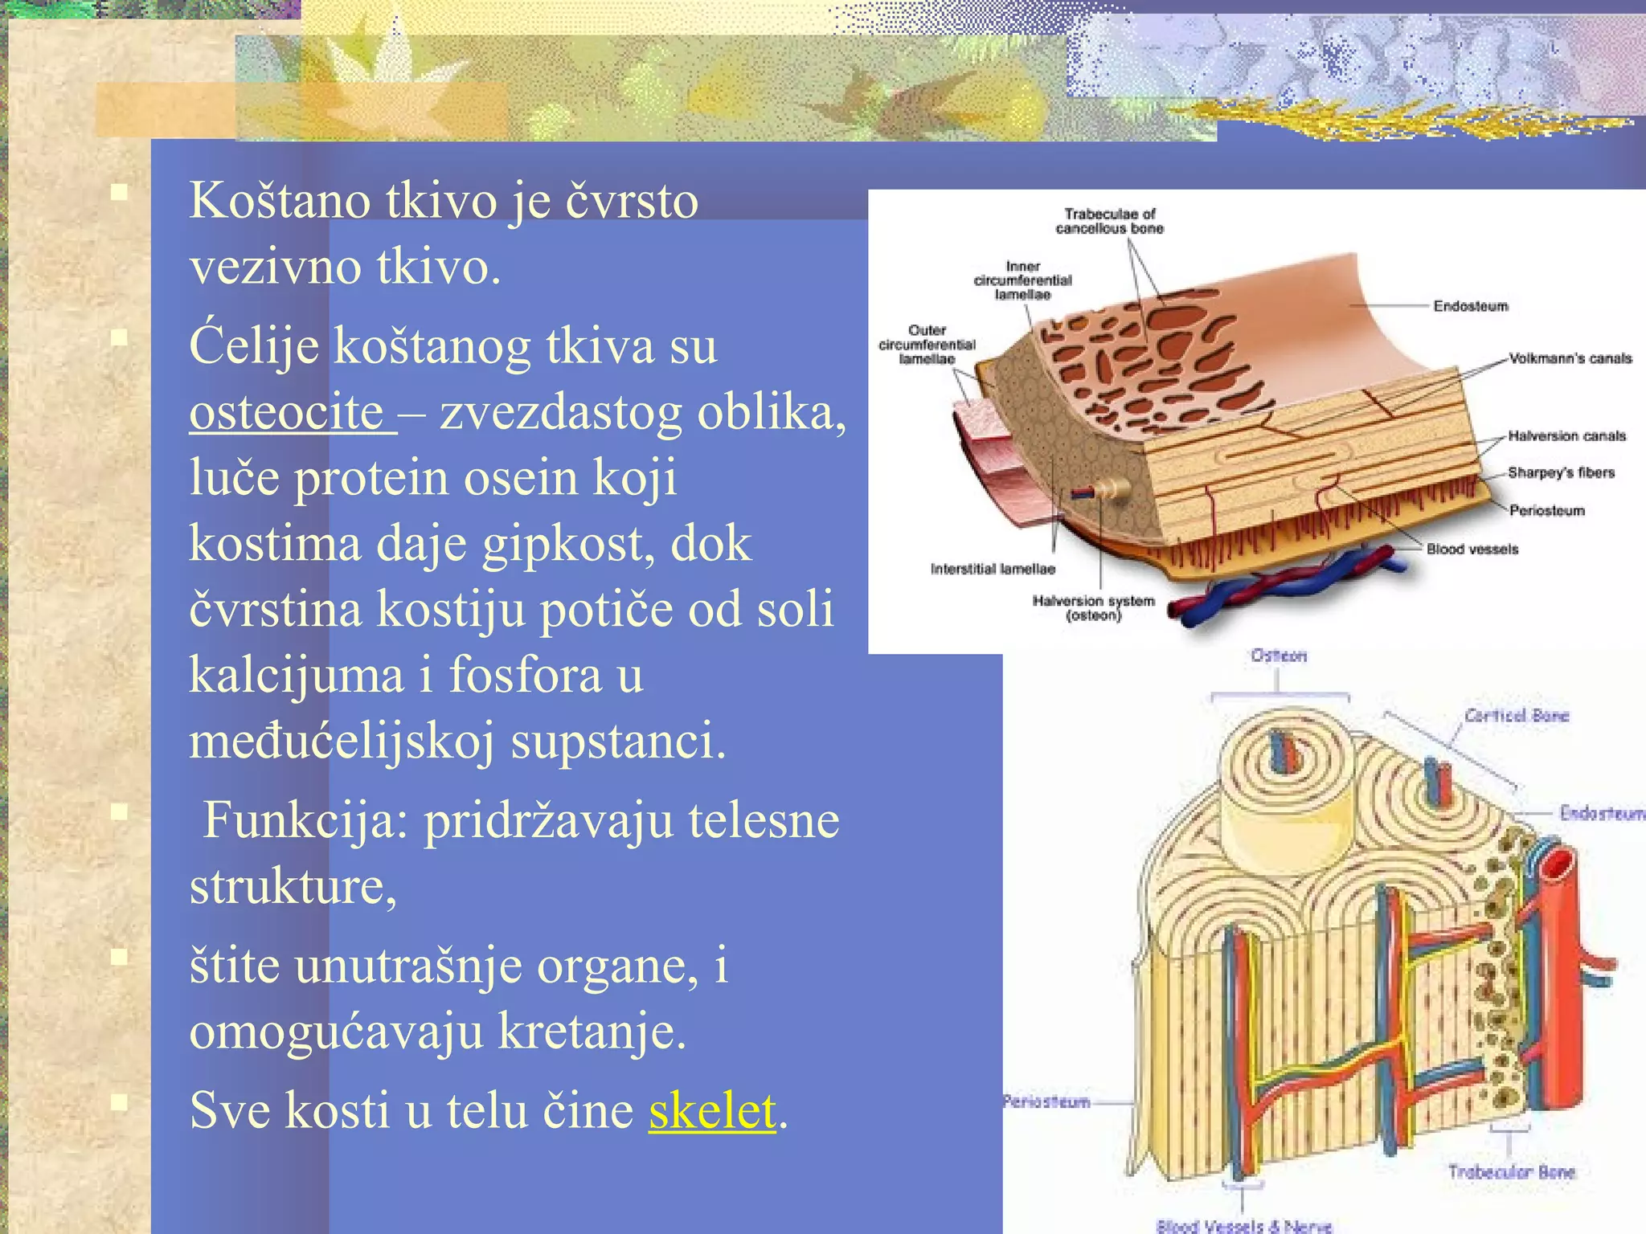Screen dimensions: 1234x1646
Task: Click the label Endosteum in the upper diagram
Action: tap(1470, 306)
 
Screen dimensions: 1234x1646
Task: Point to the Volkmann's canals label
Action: tap(1570, 358)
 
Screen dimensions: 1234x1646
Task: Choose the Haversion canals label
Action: tap(1566, 435)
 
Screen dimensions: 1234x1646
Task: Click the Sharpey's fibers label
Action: tap(1561, 472)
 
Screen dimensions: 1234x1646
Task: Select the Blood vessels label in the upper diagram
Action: tap(1472, 550)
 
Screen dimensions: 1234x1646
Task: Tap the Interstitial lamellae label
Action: tap(993, 569)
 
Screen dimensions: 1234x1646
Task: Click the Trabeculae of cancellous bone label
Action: tap(1109, 221)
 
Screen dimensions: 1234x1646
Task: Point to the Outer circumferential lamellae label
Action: tap(927, 345)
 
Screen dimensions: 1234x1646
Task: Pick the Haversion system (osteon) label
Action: tap(1093, 608)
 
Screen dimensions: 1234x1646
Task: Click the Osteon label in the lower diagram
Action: tap(1278, 656)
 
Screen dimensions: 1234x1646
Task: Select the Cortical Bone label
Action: tap(1516, 716)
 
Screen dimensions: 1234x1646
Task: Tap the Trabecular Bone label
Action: tap(1511, 1172)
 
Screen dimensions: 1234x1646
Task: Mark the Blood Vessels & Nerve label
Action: tap(1243, 1226)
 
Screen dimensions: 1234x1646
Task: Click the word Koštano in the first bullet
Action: tap(279, 200)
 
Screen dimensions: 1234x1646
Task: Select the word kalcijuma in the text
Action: tap(296, 674)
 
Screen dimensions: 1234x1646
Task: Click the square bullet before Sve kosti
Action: tap(120, 1102)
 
